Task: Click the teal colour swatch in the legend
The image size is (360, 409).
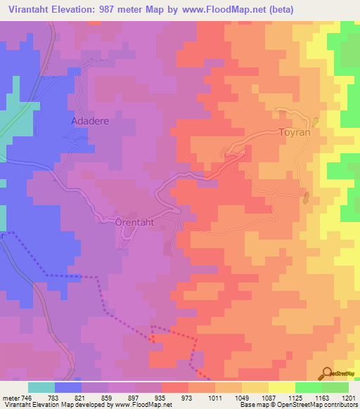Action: click(41, 387)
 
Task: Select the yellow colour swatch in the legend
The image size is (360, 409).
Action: click(281, 387)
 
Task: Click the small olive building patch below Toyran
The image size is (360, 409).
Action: click(306, 199)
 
